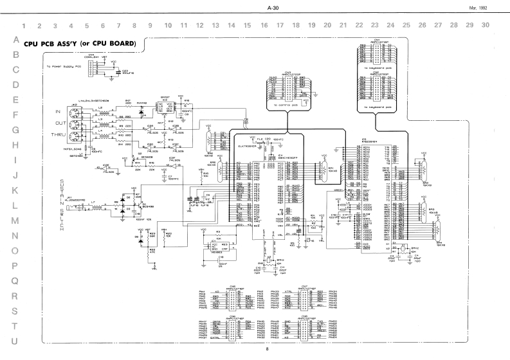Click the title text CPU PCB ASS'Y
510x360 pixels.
(79, 44)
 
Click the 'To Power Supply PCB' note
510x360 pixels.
(63, 66)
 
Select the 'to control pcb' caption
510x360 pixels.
(287, 104)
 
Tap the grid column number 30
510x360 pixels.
(485, 26)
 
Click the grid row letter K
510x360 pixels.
(14, 190)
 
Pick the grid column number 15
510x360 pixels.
(247, 26)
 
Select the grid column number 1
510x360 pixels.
(24, 26)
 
